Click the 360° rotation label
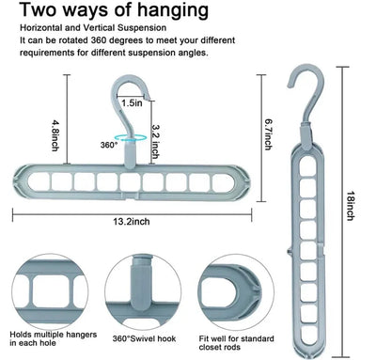(108, 145)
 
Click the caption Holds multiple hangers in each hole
(47, 338)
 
